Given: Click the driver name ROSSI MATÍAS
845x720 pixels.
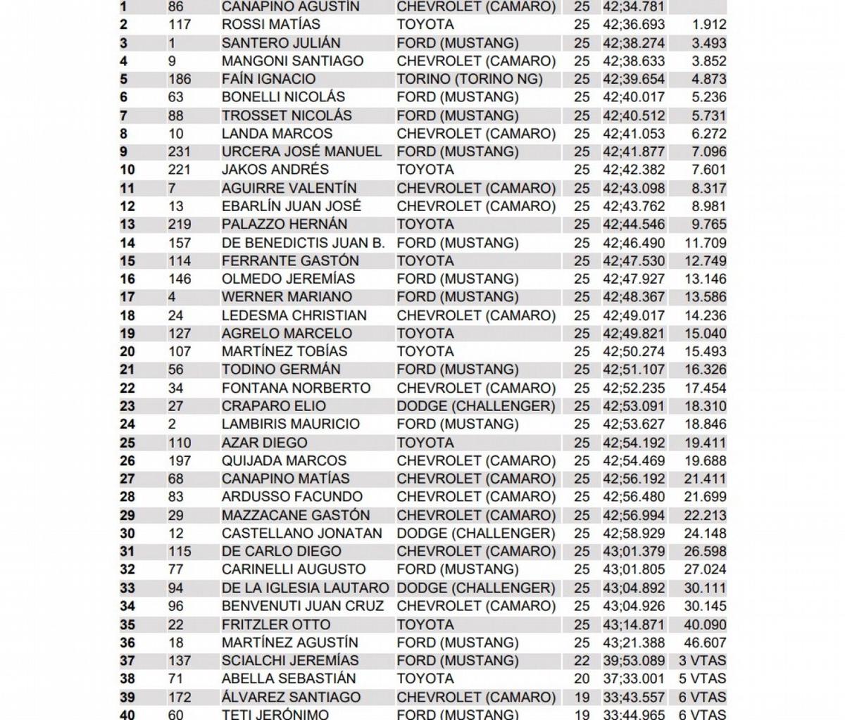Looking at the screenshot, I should click(x=270, y=25).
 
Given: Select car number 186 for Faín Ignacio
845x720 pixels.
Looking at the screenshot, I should click(x=180, y=79).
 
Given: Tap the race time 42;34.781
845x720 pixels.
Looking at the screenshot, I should click(x=633, y=7).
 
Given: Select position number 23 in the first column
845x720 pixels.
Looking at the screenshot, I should click(x=127, y=406).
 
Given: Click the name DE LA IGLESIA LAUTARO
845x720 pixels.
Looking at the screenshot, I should click(x=305, y=588).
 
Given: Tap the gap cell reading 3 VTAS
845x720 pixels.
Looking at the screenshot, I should click(x=702, y=661).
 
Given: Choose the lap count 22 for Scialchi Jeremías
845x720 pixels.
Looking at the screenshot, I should click(x=582, y=661).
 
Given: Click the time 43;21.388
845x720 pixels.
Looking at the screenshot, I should click(x=633, y=643).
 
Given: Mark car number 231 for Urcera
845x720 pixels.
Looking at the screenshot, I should click(x=180, y=152).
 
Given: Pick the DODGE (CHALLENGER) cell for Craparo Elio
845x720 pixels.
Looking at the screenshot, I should click(x=476, y=406).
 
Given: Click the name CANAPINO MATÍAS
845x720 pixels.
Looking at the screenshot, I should click(x=290, y=479).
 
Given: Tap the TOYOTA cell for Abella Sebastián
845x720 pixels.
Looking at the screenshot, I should click(x=425, y=678).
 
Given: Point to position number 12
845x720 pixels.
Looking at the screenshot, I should click(x=127, y=206).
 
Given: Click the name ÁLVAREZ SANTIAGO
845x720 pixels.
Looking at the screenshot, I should click(x=291, y=697).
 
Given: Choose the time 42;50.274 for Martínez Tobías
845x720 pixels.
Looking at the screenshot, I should click(x=633, y=351).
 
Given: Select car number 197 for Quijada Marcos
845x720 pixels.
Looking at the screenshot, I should click(x=180, y=461).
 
